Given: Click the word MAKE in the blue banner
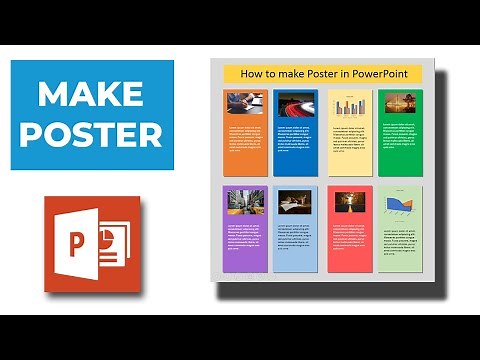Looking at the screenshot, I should [x=93, y=96].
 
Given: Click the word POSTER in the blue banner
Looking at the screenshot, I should [x=92, y=134].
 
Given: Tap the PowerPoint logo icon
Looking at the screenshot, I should [x=92, y=244].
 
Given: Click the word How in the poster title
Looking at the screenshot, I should [x=251, y=73].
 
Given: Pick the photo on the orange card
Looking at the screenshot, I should [x=245, y=104].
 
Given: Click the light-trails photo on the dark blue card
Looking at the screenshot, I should [x=295, y=105].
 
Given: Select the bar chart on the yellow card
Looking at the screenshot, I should [x=348, y=106].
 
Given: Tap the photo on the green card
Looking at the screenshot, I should [x=399, y=104].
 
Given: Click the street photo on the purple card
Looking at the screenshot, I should [x=245, y=202].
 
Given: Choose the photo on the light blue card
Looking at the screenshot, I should [x=295, y=202].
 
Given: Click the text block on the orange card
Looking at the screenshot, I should [x=245, y=140].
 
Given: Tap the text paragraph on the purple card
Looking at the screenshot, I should [x=245, y=239].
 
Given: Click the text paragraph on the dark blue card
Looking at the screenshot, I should [x=295, y=139].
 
